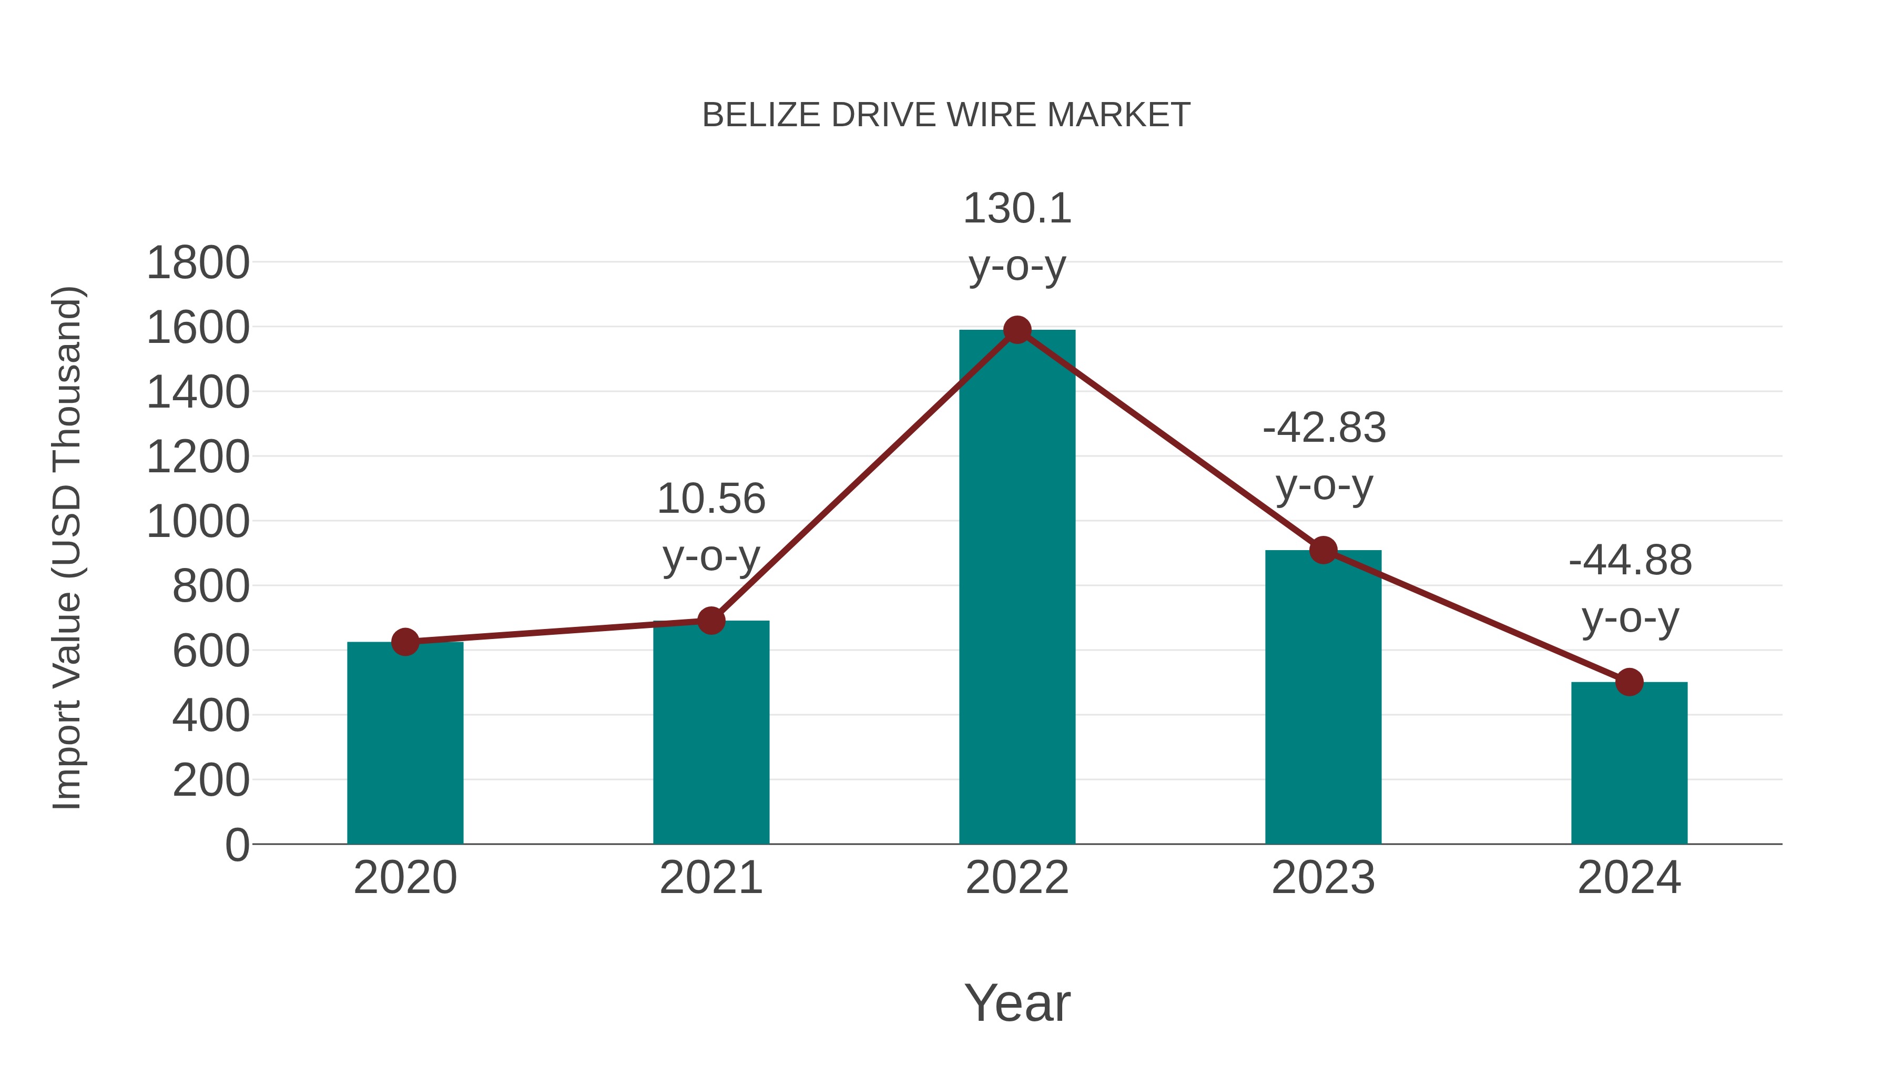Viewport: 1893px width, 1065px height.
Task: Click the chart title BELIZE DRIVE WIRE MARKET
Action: point(946,115)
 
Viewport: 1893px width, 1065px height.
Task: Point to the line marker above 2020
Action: point(405,642)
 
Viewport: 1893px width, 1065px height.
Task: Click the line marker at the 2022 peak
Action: point(1017,330)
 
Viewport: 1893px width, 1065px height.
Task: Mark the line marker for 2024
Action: point(1629,682)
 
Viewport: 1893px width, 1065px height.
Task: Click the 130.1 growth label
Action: point(1017,209)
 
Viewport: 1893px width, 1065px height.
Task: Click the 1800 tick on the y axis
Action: point(198,263)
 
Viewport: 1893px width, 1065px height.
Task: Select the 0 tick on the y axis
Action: point(237,845)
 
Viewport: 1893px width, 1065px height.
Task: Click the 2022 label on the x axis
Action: point(1017,878)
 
